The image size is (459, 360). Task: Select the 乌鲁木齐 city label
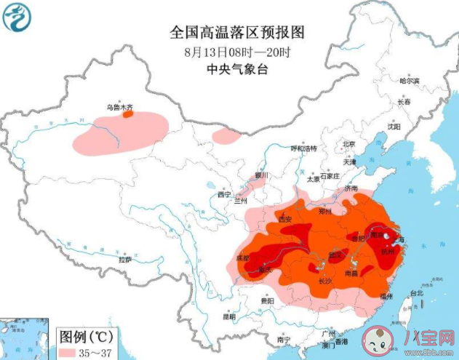[121, 106]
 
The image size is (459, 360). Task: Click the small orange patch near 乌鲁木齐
[127, 113]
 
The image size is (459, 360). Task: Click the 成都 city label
[242, 258]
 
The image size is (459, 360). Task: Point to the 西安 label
[284, 219]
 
